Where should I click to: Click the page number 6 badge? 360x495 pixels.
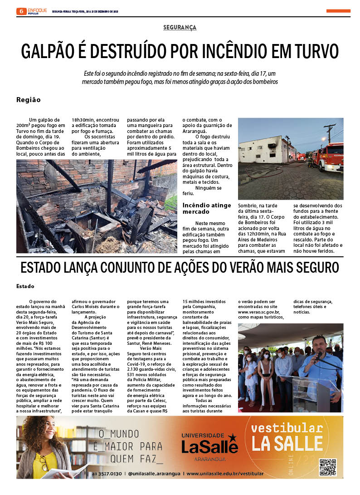[x=21, y=11]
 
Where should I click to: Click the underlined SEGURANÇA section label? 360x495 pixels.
[x=180, y=28]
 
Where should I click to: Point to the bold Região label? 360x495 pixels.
[x=29, y=100]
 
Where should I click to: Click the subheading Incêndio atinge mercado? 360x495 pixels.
[x=207, y=209]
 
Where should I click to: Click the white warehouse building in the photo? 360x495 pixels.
[x=265, y=150]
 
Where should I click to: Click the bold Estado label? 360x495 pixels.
[x=25, y=287]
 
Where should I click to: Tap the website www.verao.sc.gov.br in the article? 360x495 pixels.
[x=259, y=312]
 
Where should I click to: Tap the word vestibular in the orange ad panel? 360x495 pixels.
[x=287, y=428]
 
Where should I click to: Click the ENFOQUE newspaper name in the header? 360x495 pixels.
[x=37, y=10]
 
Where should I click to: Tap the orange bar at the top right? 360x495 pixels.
[x=338, y=11]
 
